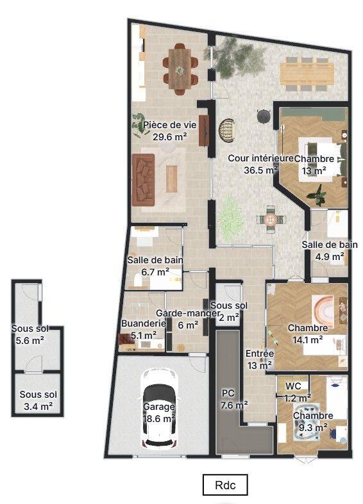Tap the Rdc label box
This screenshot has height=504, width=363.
(225, 485)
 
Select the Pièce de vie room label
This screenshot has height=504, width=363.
(170, 131)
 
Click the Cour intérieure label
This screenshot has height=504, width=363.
(260, 164)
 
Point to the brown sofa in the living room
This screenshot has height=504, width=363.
(143, 179)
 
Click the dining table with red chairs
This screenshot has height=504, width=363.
(180, 69)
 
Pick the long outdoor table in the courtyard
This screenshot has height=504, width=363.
(307, 74)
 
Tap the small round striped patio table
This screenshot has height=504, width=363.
(271, 220)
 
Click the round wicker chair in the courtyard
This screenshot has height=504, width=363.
(227, 130)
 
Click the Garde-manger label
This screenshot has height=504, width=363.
(188, 319)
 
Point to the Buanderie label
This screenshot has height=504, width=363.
(144, 329)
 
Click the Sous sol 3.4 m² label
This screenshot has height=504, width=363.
(38, 400)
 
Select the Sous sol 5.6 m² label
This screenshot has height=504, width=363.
(30, 334)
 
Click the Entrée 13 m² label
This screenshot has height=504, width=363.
(260, 359)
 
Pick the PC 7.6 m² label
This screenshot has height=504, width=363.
(234, 400)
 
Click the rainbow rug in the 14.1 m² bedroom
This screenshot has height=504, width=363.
(323, 307)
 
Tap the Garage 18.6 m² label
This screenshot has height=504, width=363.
(159, 412)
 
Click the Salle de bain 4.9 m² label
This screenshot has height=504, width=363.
(330, 250)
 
